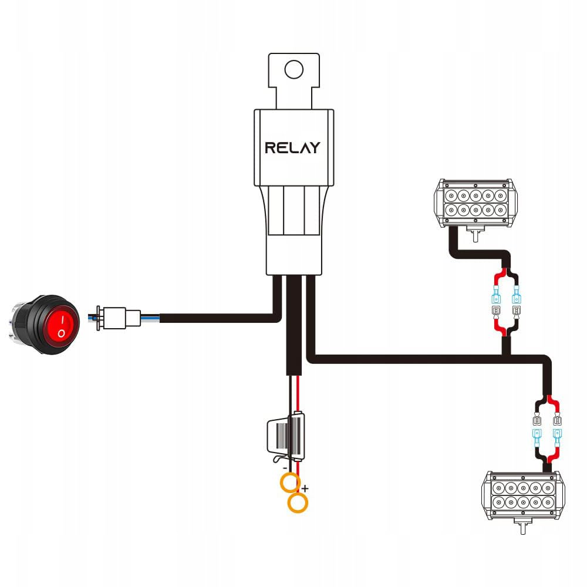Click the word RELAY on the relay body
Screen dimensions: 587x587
click(x=292, y=147)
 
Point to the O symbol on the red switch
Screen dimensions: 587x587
click(x=61, y=333)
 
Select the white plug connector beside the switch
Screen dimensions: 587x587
click(x=120, y=318)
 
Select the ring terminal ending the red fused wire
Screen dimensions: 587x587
click(x=299, y=503)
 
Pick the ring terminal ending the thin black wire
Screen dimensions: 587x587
click(x=288, y=483)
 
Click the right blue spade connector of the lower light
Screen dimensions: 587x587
click(x=557, y=435)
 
